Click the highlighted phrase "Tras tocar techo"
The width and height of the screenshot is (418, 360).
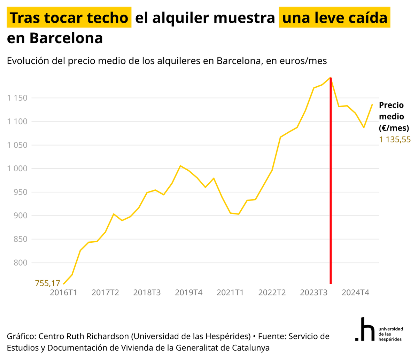(69, 18)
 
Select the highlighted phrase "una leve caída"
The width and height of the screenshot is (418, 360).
(334, 18)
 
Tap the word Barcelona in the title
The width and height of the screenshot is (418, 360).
(66, 38)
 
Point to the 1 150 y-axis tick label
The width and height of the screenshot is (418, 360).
(17, 98)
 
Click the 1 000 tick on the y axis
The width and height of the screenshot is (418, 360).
(17, 169)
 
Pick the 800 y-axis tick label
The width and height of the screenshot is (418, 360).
(20, 263)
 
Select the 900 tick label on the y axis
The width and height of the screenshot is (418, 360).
(20, 216)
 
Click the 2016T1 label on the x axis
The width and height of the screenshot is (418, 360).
(63, 292)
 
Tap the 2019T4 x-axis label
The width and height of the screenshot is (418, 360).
(188, 292)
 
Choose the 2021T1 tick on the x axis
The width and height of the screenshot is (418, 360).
(230, 292)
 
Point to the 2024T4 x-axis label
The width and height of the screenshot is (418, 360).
(355, 292)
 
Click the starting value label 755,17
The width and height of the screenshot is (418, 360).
(48, 283)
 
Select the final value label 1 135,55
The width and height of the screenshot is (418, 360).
(395, 140)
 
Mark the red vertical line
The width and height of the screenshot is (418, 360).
(330, 181)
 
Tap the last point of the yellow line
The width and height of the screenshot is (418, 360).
(372, 104)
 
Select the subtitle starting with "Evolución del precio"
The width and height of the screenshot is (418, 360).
(167, 61)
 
